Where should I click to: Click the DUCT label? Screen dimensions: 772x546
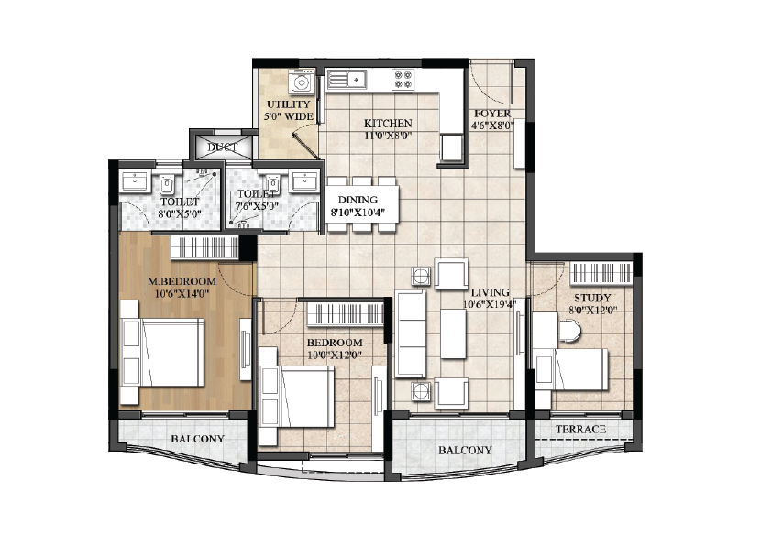coord(222,147)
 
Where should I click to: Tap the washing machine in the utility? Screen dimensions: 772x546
coord(302,82)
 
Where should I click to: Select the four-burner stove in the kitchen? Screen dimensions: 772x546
coord(403,80)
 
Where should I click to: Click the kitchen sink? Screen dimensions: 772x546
coord(347,79)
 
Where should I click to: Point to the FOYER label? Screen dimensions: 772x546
coord(492,114)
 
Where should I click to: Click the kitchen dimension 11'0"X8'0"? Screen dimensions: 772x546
coord(388,136)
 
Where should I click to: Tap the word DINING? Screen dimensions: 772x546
coord(358,200)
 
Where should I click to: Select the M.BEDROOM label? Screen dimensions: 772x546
coord(182,281)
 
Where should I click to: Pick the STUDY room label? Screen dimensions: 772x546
coord(592,298)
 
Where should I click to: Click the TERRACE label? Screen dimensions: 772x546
coord(581,429)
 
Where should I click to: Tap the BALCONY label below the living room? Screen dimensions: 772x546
coord(465,450)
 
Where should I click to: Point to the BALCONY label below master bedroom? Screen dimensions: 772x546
coord(197,439)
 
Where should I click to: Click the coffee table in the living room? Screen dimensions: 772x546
coord(453,333)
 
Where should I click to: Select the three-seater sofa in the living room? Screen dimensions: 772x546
coord(411,334)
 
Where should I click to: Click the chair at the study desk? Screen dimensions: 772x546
coord(569,331)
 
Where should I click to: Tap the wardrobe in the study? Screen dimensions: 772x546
coord(601,274)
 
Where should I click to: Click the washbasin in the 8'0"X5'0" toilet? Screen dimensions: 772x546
coord(134,181)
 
